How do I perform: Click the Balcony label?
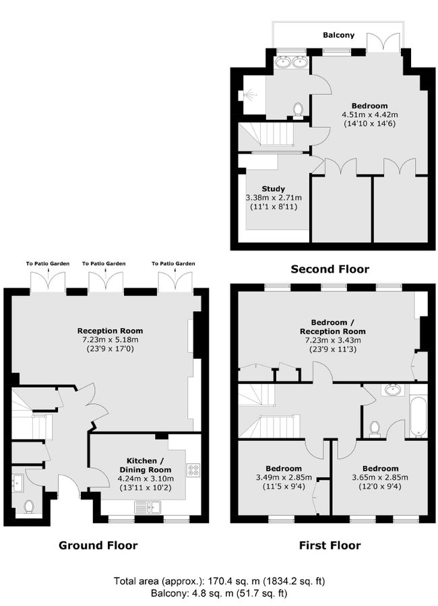[338, 35]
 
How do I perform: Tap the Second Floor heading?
[330, 269]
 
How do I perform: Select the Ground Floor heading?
[98, 545]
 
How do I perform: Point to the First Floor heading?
[330, 545]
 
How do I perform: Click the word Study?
[273, 189]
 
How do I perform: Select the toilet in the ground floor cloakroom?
[28, 506]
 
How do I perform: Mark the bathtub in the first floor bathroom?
[418, 416]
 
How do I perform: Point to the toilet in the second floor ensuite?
[298, 108]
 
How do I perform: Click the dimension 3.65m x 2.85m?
[380, 477]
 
